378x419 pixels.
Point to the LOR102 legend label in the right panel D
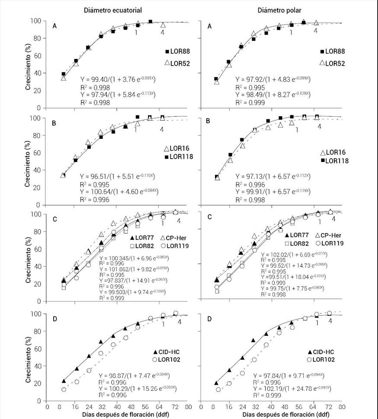(325, 359)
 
